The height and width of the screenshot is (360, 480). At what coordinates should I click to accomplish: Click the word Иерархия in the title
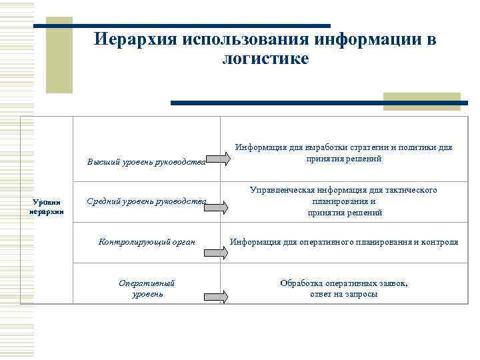coord(131,39)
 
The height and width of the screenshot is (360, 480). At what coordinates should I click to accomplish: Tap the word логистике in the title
coord(265,59)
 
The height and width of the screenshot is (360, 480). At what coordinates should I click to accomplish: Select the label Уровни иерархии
coord(47,207)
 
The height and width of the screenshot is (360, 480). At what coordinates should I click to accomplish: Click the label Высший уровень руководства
coord(147,160)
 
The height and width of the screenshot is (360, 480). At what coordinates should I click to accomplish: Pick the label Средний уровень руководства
coord(147,201)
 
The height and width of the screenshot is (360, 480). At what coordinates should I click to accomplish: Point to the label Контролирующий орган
coord(147,241)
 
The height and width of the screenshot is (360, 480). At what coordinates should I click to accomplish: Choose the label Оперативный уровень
coord(147,288)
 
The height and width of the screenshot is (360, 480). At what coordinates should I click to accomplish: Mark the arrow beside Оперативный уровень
coord(216,297)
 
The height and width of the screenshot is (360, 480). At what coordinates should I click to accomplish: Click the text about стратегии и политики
coord(344,153)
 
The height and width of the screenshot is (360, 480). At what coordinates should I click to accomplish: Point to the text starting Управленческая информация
coord(344,201)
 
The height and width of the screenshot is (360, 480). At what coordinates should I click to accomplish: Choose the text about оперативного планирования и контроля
coord(344,241)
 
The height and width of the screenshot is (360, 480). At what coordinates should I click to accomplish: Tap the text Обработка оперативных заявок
coord(344,283)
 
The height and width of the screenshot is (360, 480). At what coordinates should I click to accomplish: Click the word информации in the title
coord(369,39)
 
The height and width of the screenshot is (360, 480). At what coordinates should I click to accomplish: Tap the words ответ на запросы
coord(344,294)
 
